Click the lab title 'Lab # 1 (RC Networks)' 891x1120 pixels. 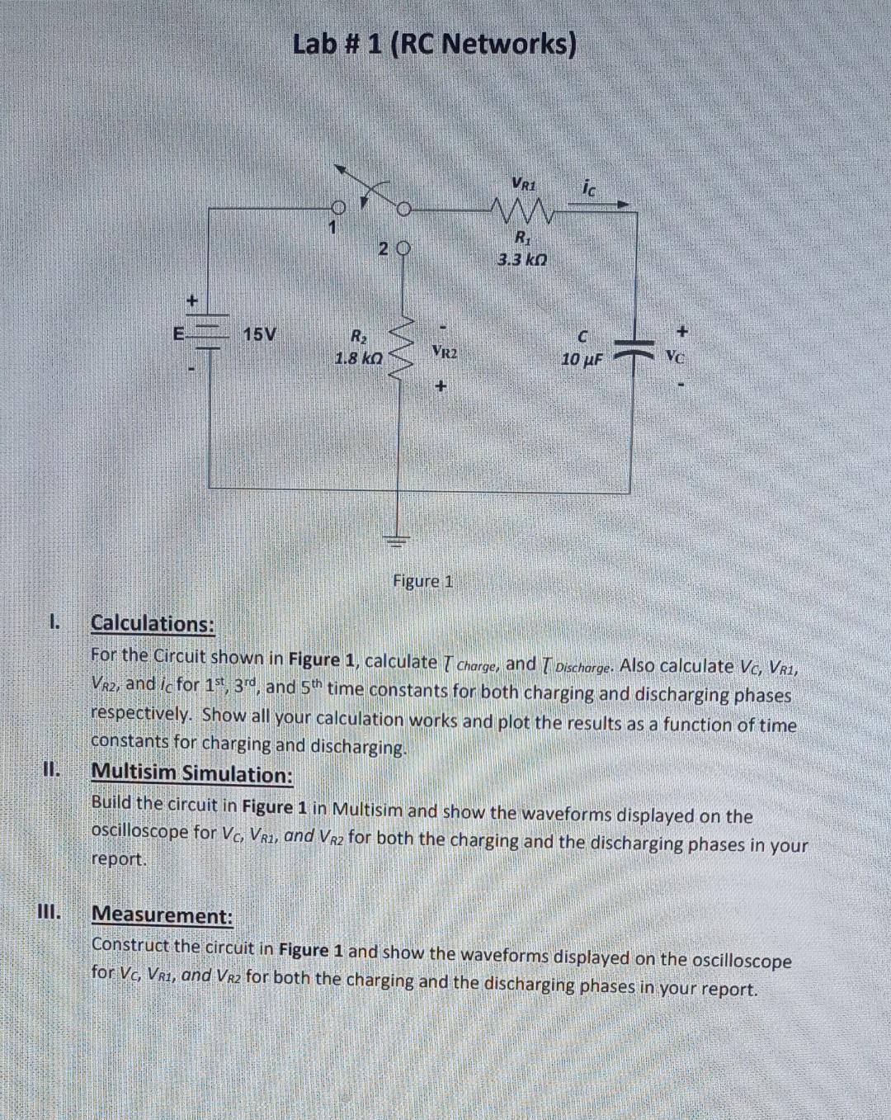pyautogui.click(x=434, y=44)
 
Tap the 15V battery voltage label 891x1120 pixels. pyautogui.click(x=259, y=334)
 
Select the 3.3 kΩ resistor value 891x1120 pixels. pyautogui.click(x=521, y=260)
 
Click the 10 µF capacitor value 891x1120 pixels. pyautogui.click(x=582, y=360)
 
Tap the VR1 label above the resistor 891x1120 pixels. pyautogui.click(x=523, y=182)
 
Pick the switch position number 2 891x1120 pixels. pyautogui.click(x=383, y=248)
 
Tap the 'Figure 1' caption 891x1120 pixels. pyautogui.click(x=422, y=581)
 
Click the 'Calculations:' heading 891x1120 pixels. pyautogui.click(x=153, y=623)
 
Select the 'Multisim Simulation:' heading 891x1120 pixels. pyautogui.click(x=191, y=773)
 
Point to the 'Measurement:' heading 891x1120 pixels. pyautogui.click(x=163, y=914)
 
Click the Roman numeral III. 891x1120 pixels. pyautogui.click(x=49, y=912)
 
